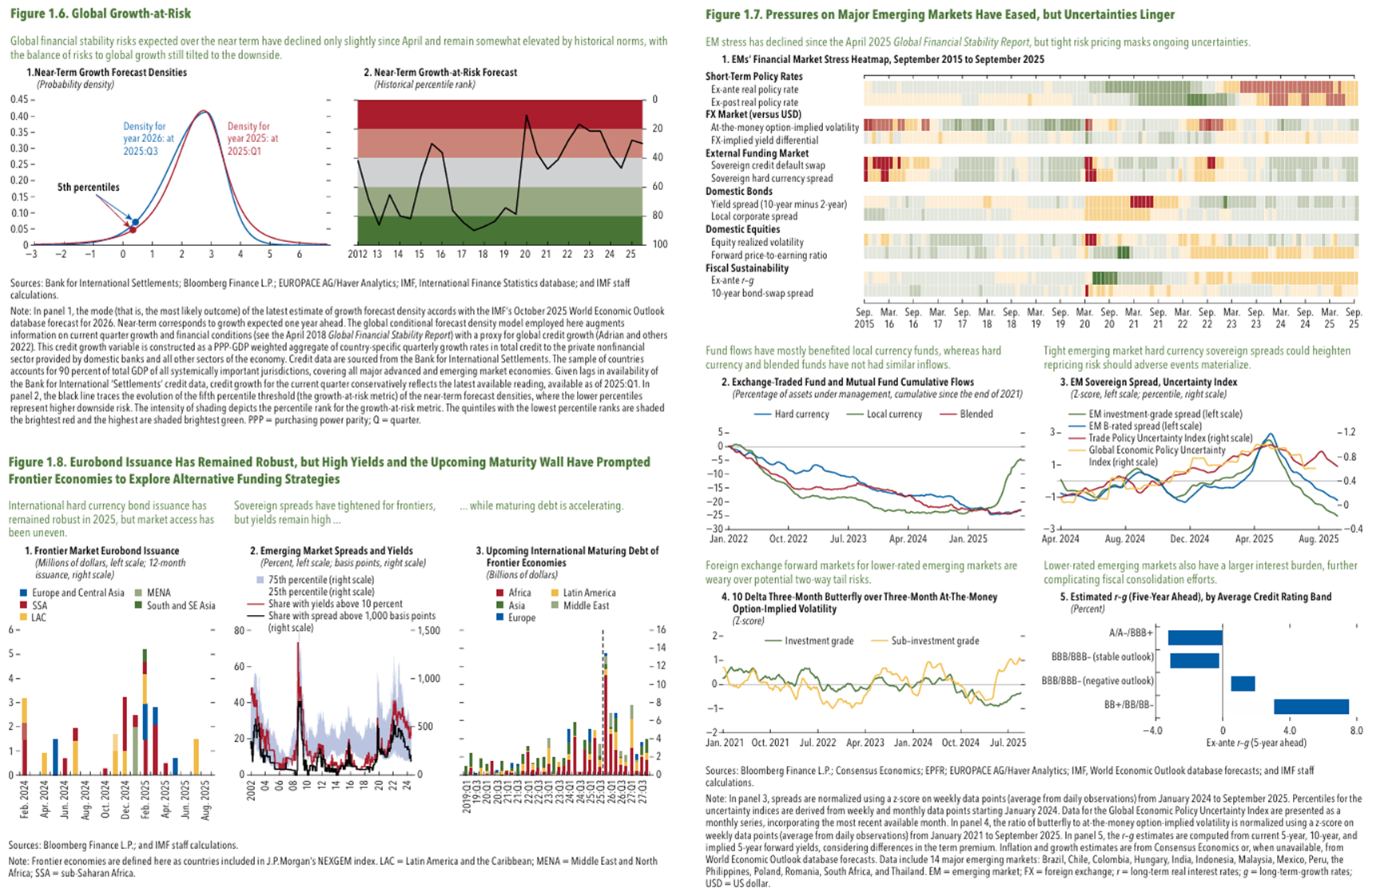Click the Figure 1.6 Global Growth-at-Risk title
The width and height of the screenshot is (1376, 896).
click(x=101, y=14)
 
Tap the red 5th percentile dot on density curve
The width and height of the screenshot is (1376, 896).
click(x=133, y=230)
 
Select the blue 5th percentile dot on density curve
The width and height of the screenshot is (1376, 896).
click(x=136, y=222)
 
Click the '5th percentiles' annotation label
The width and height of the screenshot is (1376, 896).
click(x=88, y=188)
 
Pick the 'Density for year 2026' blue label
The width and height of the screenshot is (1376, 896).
click(x=148, y=138)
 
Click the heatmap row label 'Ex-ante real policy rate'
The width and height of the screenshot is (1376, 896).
click(x=754, y=89)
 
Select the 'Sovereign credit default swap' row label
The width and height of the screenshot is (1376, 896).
click(x=768, y=165)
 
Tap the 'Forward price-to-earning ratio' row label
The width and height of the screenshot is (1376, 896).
click(x=769, y=256)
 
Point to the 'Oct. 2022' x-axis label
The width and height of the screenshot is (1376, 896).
click(x=788, y=539)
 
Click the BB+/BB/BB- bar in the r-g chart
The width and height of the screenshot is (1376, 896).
click(x=1311, y=707)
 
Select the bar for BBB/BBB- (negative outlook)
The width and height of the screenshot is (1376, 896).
click(x=1243, y=684)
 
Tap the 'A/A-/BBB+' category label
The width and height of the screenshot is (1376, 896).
click(x=1131, y=633)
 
